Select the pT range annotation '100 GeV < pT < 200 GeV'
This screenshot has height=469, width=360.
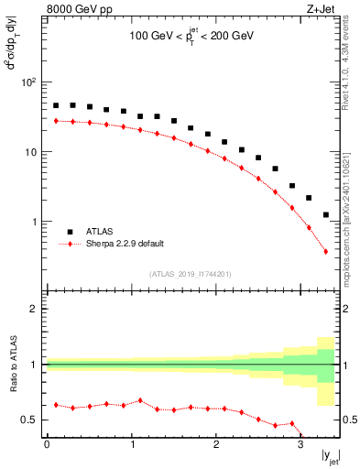point(191,38)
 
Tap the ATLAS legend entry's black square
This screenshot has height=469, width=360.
point(69,233)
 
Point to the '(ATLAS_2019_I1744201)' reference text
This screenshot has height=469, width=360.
point(191,273)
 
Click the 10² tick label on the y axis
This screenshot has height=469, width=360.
point(28,82)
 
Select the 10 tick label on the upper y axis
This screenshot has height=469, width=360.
point(30,152)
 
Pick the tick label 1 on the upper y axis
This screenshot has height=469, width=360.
point(34,222)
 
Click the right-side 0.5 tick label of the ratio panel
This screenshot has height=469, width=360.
point(349,420)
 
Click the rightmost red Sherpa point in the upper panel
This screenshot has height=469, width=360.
point(326,251)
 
